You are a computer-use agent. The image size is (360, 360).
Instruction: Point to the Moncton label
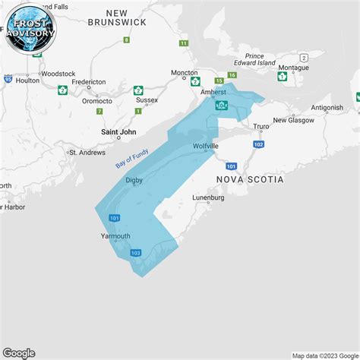tap(185, 73)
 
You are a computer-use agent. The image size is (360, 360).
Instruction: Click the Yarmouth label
tap(115, 236)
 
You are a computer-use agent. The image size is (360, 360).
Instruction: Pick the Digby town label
tap(134, 179)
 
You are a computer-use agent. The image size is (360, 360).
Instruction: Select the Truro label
tap(261, 127)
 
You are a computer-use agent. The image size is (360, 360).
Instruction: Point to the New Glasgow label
tap(295, 120)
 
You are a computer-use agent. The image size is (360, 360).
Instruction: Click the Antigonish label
tap(327, 108)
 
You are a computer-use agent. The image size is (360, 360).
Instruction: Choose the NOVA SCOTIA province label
tap(250, 179)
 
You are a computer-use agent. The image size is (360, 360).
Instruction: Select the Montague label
tap(294, 68)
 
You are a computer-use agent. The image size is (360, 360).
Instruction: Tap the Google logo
tap(19, 352)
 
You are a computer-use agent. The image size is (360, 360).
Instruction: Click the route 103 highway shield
tap(135, 253)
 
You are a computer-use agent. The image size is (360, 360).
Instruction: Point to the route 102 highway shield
tap(259, 144)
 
